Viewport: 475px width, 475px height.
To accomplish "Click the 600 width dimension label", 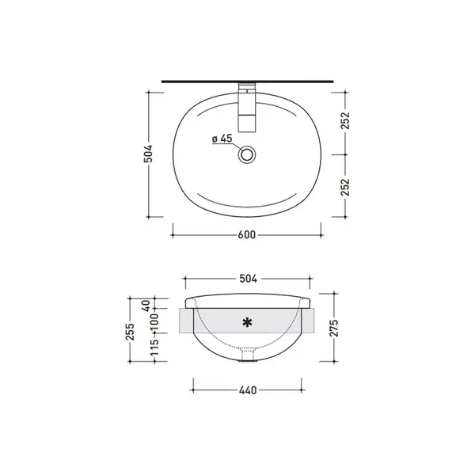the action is [x=246, y=235].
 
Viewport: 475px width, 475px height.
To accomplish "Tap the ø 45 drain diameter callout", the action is [x=222, y=139].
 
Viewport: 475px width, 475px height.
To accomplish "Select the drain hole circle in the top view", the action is [x=247, y=154].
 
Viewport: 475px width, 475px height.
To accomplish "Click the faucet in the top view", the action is [x=247, y=108].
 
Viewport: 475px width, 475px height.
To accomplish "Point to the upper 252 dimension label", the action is [x=345, y=120].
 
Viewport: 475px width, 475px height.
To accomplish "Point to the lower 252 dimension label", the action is [x=345, y=187].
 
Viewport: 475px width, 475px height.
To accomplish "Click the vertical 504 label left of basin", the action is [x=148, y=154].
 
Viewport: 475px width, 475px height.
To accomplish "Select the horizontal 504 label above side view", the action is [x=248, y=279].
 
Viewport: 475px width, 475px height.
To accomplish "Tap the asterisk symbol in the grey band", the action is [x=248, y=322].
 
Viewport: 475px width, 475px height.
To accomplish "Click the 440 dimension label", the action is [x=248, y=390].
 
